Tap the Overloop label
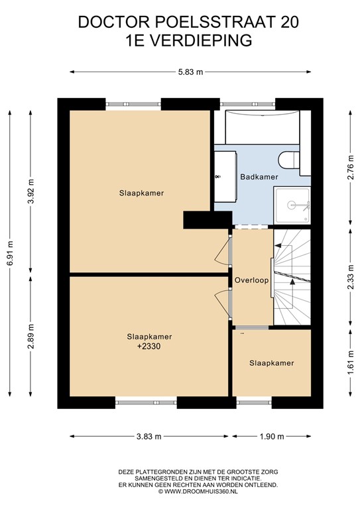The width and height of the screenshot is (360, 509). pyautogui.click(x=252, y=280)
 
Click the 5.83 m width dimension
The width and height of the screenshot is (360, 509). pyautogui.click(x=189, y=72)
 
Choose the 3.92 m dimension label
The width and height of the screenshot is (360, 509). pyautogui.click(x=30, y=191)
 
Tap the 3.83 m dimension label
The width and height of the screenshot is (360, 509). pyautogui.click(x=149, y=436)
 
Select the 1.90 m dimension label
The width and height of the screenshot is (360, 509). pyautogui.click(x=271, y=436)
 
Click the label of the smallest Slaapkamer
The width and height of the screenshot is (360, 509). pyautogui.click(x=271, y=363)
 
